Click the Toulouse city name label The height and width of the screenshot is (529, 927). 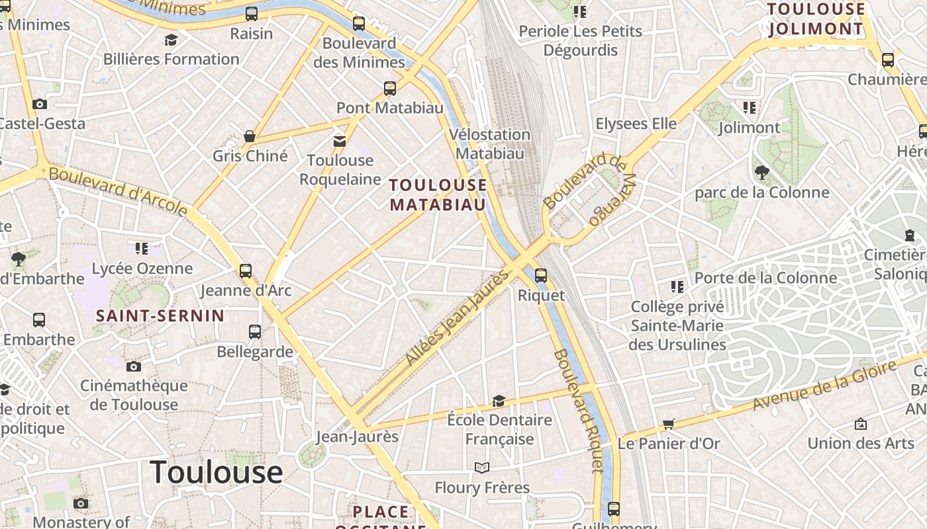click(x=217, y=472)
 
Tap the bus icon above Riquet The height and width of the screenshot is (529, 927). click(x=541, y=275)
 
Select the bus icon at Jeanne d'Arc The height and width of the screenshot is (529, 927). click(x=246, y=270)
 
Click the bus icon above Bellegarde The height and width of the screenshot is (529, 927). click(x=255, y=332)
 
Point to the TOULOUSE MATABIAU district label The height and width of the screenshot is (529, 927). click(x=438, y=194)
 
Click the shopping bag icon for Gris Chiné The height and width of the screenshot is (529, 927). click(x=250, y=136)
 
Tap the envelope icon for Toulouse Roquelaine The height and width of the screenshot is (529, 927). click(x=340, y=141)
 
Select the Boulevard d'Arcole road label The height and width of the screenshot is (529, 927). click(x=118, y=191)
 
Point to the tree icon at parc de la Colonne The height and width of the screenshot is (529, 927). click(x=761, y=173)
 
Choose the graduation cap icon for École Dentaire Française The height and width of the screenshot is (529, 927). click(x=499, y=401)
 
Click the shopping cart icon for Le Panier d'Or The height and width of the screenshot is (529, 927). click(x=668, y=425)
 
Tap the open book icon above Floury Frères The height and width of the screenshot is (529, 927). click(x=482, y=468)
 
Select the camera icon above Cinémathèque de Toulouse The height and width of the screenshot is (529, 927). click(x=134, y=366)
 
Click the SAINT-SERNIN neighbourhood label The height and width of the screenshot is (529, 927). click(x=160, y=316)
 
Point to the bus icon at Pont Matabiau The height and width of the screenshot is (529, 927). click(x=390, y=88)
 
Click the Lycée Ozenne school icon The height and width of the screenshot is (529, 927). click(x=142, y=249)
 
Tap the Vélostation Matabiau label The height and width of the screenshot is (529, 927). click(x=490, y=143)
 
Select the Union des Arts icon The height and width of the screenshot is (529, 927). click(x=861, y=424)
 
